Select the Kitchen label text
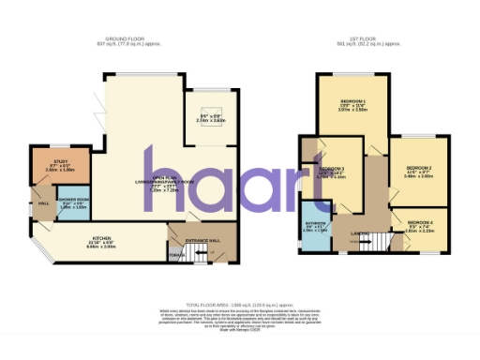click(x=103, y=239)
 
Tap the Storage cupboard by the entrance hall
click(x=173, y=256)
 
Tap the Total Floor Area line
click(x=239, y=307)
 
